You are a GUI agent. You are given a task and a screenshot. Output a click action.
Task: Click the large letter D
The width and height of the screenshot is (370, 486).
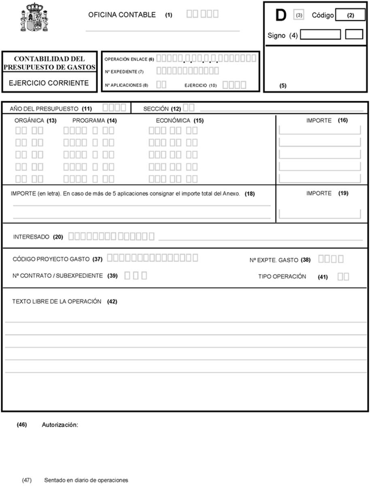(281, 15)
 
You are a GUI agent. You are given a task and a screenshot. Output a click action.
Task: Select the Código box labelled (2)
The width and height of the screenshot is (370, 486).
(350, 15)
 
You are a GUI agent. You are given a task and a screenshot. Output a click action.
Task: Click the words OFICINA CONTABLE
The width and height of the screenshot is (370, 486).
(122, 15)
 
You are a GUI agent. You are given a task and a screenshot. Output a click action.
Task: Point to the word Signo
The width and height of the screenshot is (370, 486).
(276, 35)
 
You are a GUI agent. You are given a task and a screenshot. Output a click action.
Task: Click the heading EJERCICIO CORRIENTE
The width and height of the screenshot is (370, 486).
(49, 83)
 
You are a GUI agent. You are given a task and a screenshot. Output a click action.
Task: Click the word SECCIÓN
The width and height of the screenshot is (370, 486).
(156, 109)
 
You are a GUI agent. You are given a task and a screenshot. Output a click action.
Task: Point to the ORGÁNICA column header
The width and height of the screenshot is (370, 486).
(30, 121)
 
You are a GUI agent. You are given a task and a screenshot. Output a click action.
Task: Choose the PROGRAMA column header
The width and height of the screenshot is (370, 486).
(89, 121)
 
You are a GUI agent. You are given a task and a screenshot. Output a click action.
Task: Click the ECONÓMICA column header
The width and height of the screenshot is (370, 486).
(173, 121)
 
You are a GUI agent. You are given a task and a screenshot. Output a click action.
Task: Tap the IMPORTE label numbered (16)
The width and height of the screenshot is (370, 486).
(319, 121)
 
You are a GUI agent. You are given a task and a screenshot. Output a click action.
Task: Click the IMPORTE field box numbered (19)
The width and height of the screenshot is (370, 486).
(320, 214)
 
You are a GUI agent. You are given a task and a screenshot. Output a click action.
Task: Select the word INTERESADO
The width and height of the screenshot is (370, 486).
(31, 237)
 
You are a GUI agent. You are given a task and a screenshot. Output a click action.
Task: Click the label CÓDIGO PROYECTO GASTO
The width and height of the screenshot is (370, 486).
(51, 258)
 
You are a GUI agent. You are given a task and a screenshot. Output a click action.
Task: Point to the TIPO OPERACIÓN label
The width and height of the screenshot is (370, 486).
(282, 277)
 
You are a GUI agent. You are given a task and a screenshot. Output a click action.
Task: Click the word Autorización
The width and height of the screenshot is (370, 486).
(60, 425)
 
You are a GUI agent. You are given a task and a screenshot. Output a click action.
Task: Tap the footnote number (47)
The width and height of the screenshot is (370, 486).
(27, 480)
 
